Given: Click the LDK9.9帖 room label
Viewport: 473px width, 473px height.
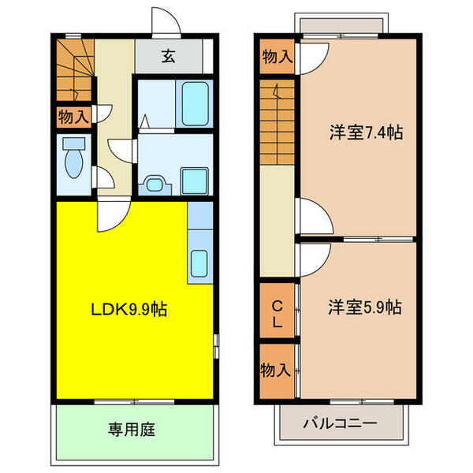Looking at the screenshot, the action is pyautogui.click(x=128, y=309).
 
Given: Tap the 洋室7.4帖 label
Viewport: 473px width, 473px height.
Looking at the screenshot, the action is pyautogui.click(x=367, y=132).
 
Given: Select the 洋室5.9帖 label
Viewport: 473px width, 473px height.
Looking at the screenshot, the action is pyautogui.click(x=365, y=307).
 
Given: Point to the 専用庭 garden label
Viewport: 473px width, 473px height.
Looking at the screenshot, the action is pyautogui.click(x=132, y=430).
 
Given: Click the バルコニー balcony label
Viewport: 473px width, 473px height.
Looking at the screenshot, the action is pyautogui.click(x=341, y=423).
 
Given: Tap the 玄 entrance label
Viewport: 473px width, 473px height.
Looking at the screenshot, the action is pyautogui.click(x=169, y=56).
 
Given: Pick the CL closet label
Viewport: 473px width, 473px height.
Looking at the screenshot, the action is pyautogui.click(x=277, y=314).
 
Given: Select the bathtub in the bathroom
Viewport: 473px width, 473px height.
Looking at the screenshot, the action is pyautogui.click(x=196, y=104).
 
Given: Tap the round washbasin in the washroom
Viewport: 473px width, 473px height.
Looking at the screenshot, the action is pyautogui.click(x=155, y=184).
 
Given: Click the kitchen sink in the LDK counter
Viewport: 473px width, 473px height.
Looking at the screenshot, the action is pyautogui.click(x=199, y=263).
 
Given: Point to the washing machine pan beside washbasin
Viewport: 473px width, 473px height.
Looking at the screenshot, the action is pyautogui.click(x=194, y=181).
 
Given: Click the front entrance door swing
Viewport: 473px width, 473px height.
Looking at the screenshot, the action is pyautogui.click(x=166, y=22).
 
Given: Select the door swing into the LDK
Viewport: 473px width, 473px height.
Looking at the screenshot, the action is pyautogui.click(x=114, y=214).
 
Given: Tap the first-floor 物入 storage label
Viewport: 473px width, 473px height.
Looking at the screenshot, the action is pyautogui.click(x=73, y=117).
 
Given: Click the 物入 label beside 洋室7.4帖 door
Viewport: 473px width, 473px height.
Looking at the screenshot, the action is pyautogui.click(x=277, y=57).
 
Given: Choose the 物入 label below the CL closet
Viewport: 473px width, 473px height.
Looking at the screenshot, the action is pyautogui.click(x=276, y=370).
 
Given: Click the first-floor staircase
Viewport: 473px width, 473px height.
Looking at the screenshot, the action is pyautogui.click(x=75, y=69).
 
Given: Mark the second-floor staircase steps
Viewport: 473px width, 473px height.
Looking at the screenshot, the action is pyautogui.click(x=277, y=122).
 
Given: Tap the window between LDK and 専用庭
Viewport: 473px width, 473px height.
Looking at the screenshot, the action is pyautogui.click(x=134, y=402).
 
